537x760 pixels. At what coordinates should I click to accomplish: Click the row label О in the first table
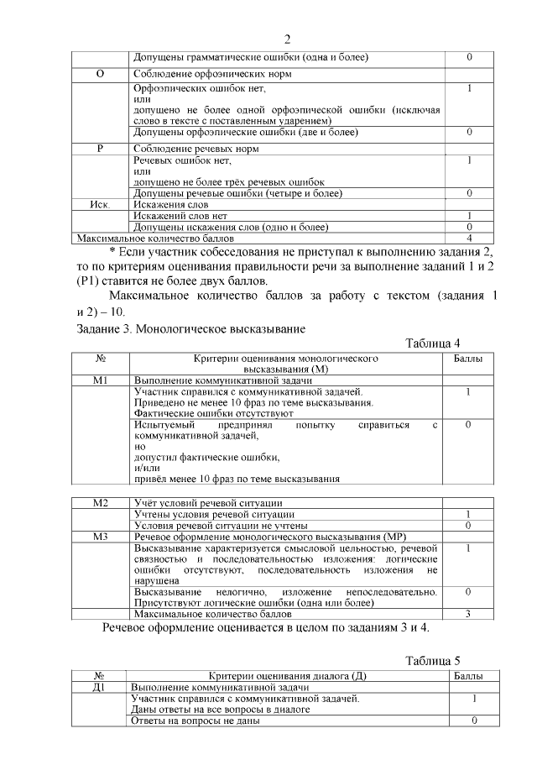coord(101,74)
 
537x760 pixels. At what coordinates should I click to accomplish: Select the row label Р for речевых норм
coord(101,149)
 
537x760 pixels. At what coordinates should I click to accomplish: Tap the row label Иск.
coord(101,204)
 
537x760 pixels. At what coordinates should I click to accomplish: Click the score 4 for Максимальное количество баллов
coord(469,238)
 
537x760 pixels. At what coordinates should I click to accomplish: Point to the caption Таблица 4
coord(433,343)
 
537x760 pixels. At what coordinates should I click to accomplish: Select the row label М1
coord(101,380)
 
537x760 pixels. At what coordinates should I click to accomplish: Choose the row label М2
coord(101,503)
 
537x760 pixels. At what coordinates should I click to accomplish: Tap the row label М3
coord(101,536)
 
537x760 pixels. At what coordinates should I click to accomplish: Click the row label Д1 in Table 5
coord(101,687)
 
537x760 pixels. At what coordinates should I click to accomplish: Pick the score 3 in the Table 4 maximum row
coord(468,614)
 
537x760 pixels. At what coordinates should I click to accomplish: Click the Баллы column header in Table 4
coord(468,359)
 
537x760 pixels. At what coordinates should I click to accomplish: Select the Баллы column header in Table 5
coord(468,676)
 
